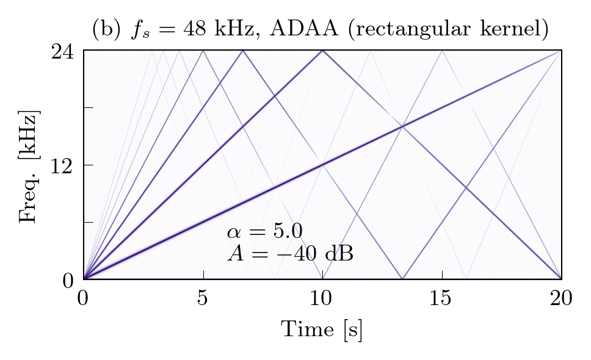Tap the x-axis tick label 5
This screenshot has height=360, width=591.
point(203,298)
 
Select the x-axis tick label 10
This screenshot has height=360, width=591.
point(322,298)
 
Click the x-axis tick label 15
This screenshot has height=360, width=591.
point(441,298)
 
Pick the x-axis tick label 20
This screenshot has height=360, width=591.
point(561,298)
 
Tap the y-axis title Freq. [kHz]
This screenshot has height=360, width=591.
point(29,166)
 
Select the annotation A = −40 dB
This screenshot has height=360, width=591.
point(290,252)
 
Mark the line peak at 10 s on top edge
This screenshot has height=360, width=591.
point(322,51)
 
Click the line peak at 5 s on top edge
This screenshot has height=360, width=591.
point(203,51)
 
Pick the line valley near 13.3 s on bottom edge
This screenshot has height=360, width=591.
point(402,278)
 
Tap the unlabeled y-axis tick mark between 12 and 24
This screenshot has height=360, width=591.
point(88,108)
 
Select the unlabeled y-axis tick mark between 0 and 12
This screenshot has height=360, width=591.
point(88,223)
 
